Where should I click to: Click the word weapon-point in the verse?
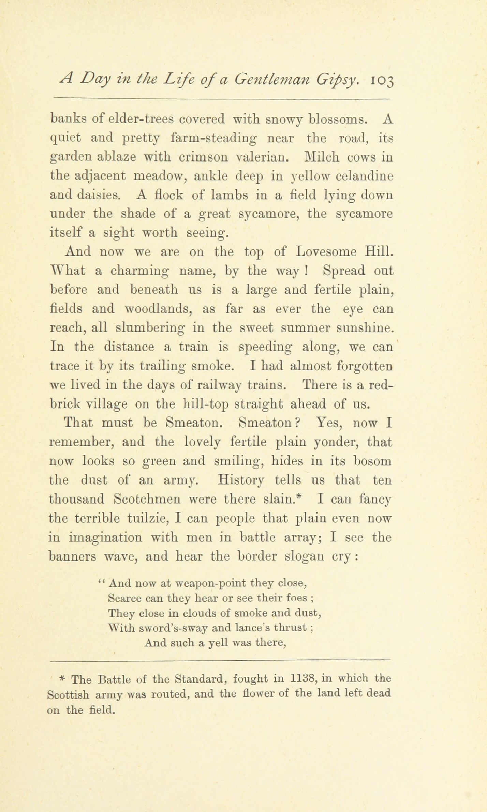click(210, 583)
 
